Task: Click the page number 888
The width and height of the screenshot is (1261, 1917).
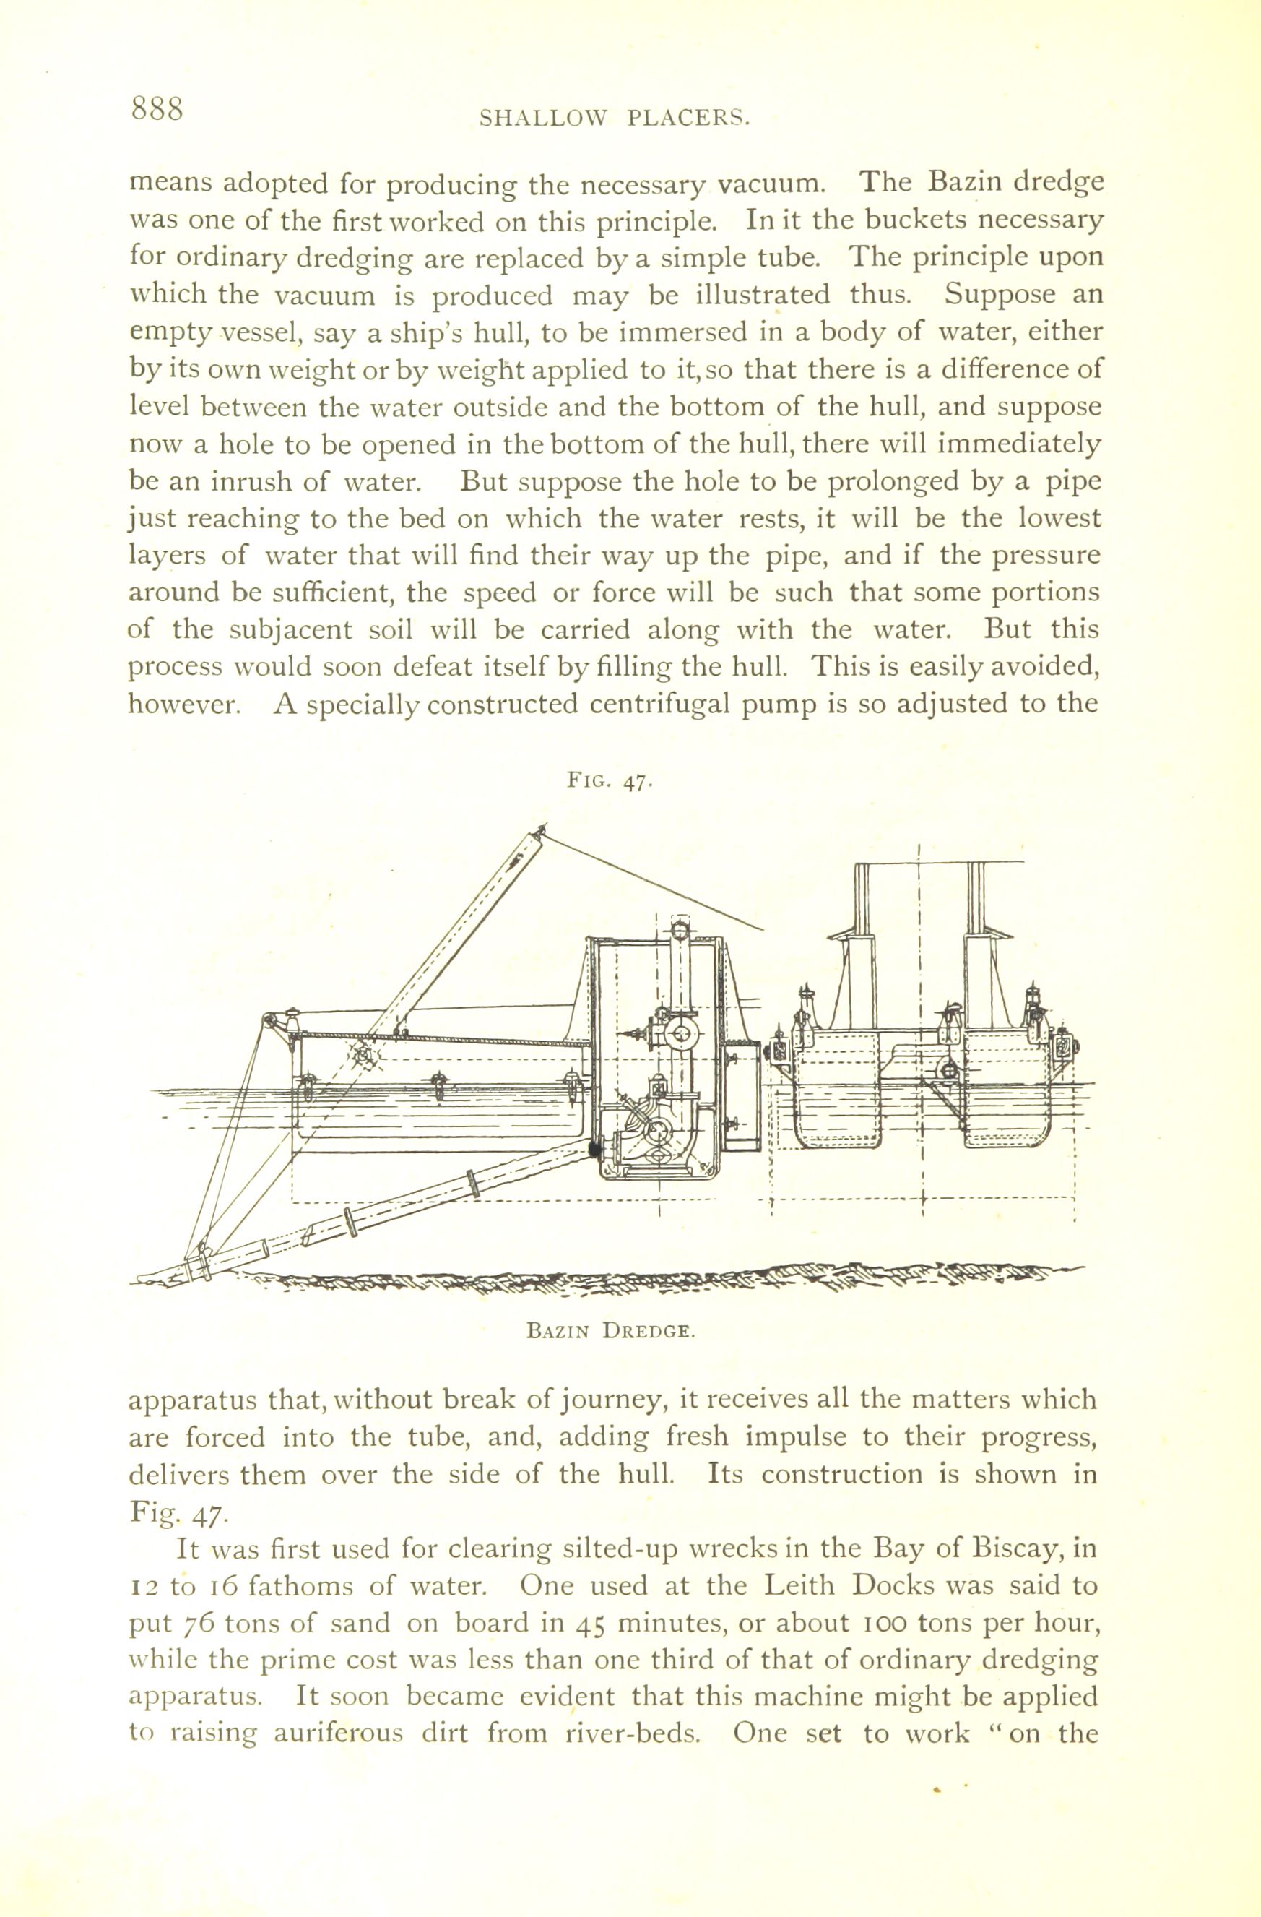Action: click(159, 108)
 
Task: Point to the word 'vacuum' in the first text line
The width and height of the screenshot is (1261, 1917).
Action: click(769, 184)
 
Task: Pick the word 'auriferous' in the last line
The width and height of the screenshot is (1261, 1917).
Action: click(337, 1734)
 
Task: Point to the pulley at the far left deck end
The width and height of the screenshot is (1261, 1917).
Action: click(266, 1022)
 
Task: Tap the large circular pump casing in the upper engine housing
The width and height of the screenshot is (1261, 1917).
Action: click(681, 1033)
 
